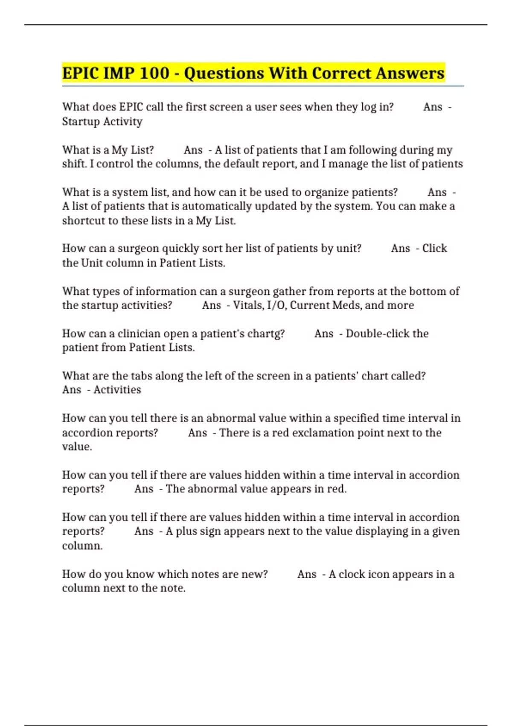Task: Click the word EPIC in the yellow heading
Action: (80, 73)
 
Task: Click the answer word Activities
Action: (117, 390)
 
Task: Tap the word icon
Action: (378, 574)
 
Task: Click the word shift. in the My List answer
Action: (74, 164)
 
